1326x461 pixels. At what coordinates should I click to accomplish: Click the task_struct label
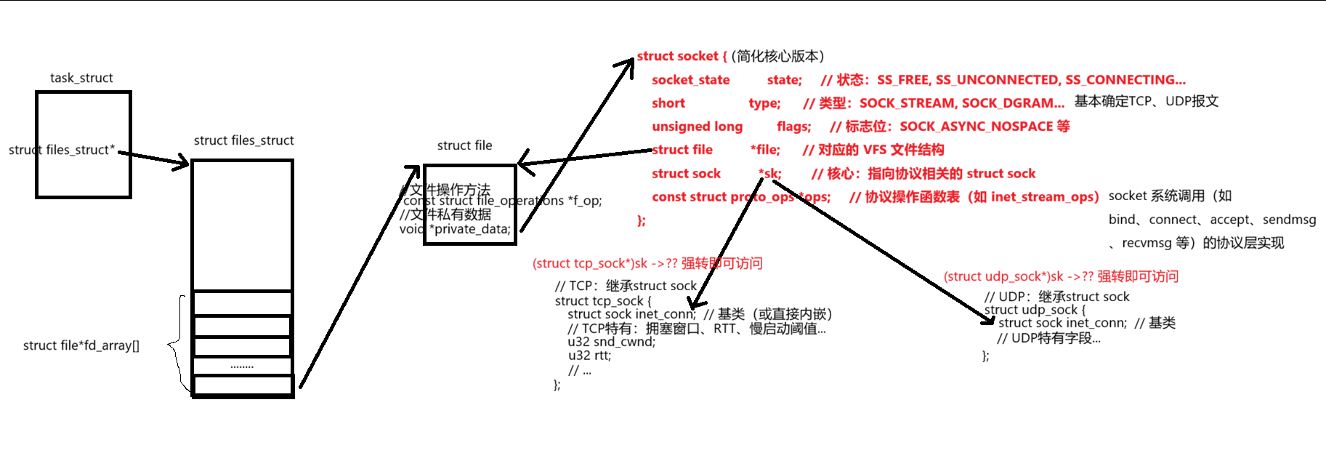tap(81, 78)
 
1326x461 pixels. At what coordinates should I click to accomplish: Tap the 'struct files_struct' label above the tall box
tap(243, 140)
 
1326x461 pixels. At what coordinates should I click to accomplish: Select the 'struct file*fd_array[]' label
tap(81, 345)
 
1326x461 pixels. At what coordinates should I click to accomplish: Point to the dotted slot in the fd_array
tap(242, 366)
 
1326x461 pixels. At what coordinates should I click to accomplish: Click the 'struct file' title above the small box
tap(464, 145)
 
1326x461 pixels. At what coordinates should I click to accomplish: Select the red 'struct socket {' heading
tap(682, 56)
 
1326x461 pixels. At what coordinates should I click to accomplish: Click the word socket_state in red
tap(690, 80)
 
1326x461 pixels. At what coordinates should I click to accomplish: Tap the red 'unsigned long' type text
tap(697, 127)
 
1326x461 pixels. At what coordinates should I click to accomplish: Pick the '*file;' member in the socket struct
tap(765, 150)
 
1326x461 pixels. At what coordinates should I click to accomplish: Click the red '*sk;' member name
tap(770, 174)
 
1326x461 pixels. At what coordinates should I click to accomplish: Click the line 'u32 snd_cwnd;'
tap(611, 342)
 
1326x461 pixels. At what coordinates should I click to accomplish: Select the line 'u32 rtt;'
tap(589, 356)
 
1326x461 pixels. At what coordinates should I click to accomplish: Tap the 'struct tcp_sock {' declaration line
tap(603, 301)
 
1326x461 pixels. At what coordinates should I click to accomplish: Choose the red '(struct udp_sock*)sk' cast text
tap(1003, 276)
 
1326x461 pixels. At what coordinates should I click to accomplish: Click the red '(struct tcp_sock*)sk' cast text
tap(589, 263)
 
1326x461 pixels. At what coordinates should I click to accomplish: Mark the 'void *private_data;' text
tap(456, 229)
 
